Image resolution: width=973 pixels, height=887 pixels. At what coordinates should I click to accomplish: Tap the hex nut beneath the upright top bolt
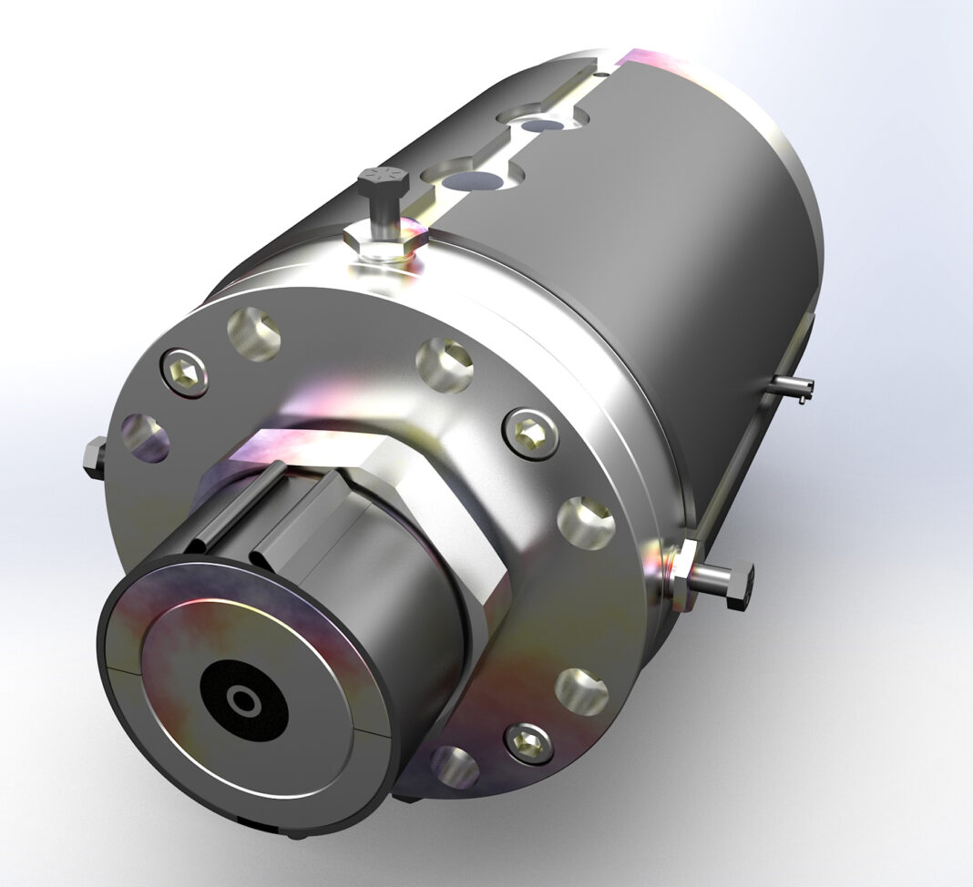point(386,240)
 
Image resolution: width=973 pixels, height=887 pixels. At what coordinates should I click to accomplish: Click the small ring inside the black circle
point(244,702)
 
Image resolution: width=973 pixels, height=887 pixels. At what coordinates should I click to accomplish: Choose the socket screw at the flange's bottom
point(527,742)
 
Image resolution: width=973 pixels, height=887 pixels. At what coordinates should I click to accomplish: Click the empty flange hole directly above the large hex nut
point(445,365)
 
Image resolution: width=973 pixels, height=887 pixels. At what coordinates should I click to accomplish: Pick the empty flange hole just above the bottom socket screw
point(580,690)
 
